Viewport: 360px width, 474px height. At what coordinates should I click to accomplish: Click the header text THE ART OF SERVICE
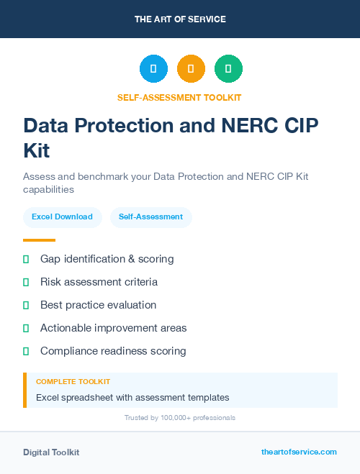click(180, 19)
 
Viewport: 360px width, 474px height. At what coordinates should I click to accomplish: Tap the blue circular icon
click(153, 69)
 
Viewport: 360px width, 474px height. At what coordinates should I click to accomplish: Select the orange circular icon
click(191, 69)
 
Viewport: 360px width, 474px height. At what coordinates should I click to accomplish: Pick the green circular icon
click(228, 69)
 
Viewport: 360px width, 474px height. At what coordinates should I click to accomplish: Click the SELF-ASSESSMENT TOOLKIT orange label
click(179, 98)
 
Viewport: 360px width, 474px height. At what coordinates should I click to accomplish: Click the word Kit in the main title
click(37, 151)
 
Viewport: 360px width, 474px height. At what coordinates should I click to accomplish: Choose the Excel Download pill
click(62, 217)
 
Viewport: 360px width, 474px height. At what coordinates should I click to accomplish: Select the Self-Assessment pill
click(150, 217)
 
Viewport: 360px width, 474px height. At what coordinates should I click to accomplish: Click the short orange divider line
click(39, 240)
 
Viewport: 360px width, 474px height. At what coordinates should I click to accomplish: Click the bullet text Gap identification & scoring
click(107, 259)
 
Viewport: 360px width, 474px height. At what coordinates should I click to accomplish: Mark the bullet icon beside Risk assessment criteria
click(26, 282)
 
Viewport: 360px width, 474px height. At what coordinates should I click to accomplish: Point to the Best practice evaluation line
click(98, 305)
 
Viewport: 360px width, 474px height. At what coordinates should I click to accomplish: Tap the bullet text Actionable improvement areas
click(113, 328)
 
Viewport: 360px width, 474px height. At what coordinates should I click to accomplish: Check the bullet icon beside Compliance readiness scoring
click(26, 351)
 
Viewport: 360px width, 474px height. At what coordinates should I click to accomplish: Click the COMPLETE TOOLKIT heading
click(73, 382)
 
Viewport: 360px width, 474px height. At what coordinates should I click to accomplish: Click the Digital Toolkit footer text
click(51, 452)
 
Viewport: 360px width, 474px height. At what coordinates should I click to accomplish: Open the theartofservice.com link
click(299, 452)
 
